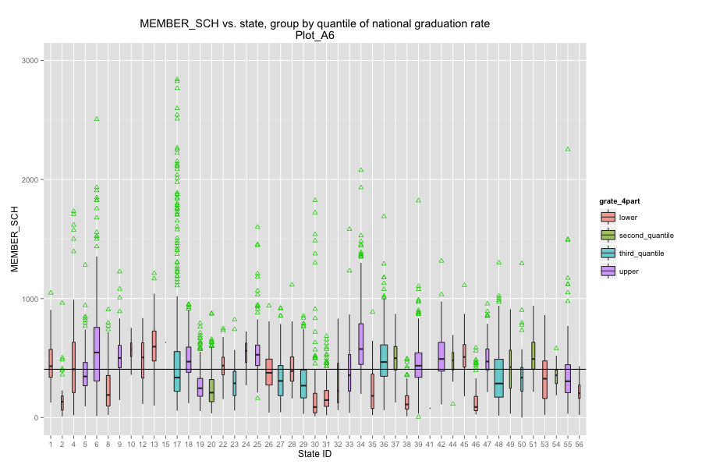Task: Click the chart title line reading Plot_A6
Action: click(315, 35)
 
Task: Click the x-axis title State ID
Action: click(314, 455)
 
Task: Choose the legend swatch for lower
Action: click(607, 218)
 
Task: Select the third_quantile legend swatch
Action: click(607, 253)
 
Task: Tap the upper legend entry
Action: click(627, 271)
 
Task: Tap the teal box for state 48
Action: click(498, 378)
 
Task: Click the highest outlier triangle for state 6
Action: click(97, 119)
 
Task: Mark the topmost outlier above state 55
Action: click(568, 149)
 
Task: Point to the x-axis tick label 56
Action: click(579, 444)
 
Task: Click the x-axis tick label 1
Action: click(51, 444)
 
